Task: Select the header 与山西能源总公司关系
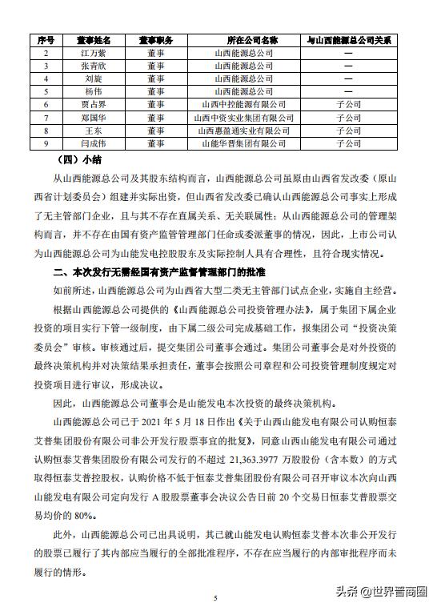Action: (x=349, y=39)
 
